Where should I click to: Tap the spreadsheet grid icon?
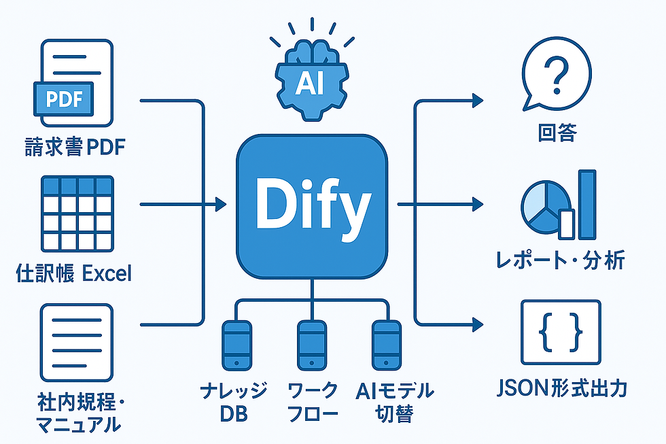tap(77, 214)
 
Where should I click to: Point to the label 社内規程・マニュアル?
tap(75, 414)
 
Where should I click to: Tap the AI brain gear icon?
tap(311, 79)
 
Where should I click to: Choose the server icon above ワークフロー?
tap(312, 346)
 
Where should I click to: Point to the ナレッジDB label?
tap(234, 402)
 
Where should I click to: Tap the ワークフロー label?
tap(312, 402)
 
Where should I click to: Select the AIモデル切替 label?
tap(394, 402)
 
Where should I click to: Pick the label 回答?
tap(557, 132)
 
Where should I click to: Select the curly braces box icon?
tap(560, 332)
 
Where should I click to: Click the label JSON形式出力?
tap(561, 388)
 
